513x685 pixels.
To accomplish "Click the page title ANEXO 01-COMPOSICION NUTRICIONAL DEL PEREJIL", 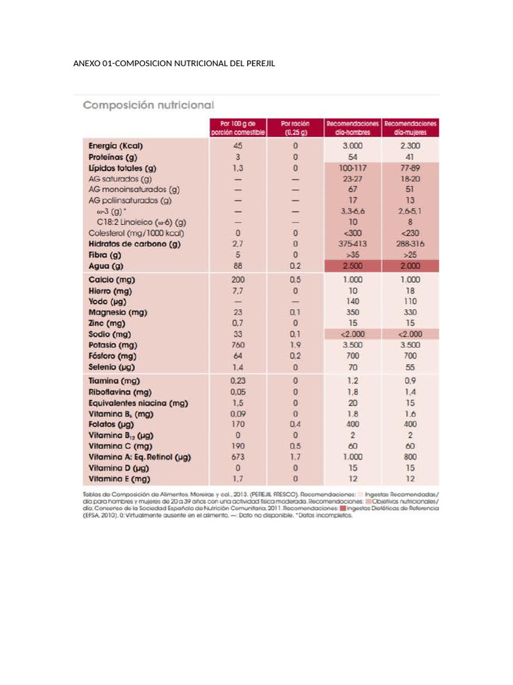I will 174,64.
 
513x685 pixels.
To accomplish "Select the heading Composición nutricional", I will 148,105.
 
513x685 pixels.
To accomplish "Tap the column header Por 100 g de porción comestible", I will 238,128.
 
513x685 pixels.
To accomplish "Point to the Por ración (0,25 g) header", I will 295,128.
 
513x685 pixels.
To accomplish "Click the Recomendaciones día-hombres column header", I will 353,128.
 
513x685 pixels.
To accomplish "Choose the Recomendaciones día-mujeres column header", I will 410,128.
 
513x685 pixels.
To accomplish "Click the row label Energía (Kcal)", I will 116,146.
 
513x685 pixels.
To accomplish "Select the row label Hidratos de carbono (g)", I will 134,243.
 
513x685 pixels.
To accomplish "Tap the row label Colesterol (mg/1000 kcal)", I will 136,233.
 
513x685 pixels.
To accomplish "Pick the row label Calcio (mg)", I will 111,280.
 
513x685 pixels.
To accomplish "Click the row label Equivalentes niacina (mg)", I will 138,403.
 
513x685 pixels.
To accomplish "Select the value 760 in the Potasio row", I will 238,345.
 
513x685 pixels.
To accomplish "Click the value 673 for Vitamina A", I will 238,458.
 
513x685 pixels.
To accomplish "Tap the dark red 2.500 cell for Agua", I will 353,266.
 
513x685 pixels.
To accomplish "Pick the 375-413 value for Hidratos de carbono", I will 353,243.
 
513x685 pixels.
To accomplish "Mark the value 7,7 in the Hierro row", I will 238,291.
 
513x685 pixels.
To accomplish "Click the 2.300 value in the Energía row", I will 410,146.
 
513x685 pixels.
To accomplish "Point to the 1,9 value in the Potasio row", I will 295,345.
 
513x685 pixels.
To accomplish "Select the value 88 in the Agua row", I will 238,266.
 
